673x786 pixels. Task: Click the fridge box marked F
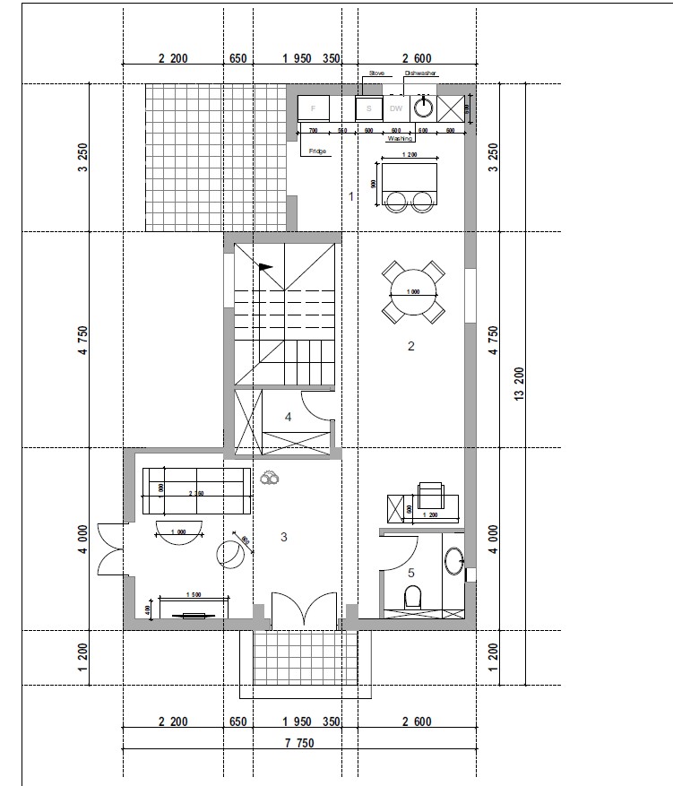pos(314,108)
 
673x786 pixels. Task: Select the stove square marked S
pos(368,108)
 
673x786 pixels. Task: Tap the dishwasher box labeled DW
pos(396,108)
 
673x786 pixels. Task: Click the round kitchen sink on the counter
pos(423,108)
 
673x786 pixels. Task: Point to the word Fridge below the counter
pos(317,151)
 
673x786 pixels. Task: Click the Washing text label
pos(400,140)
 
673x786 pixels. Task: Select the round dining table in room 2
pos(412,292)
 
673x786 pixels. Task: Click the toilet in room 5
pos(413,597)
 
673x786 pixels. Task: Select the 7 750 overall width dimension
pos(298,742)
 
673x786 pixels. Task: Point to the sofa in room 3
pos(195,491)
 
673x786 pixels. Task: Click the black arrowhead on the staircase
pos(265,266)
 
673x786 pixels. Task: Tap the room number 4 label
pos(288,417)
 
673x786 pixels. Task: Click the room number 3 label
pos(283,538)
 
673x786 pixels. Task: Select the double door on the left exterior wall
pos(109,550)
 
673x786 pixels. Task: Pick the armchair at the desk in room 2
pos(430,495)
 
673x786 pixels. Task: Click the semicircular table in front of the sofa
pos(182,529)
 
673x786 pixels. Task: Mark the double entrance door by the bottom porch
pos(306,610)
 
